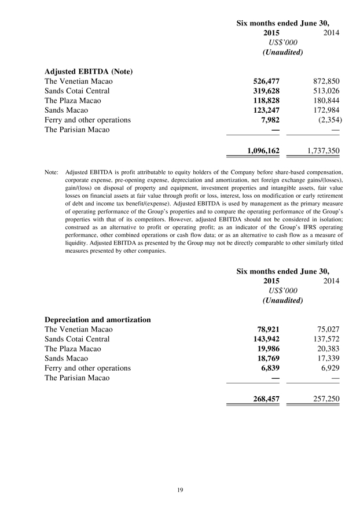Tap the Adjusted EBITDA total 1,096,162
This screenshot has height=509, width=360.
263,151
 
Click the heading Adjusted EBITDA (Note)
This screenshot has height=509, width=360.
89,72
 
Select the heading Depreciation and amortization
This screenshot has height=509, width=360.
98,319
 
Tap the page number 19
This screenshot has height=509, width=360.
180,490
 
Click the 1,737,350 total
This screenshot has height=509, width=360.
321,151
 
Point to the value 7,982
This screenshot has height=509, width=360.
271,120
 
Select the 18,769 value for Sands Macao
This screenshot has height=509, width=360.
269,358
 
